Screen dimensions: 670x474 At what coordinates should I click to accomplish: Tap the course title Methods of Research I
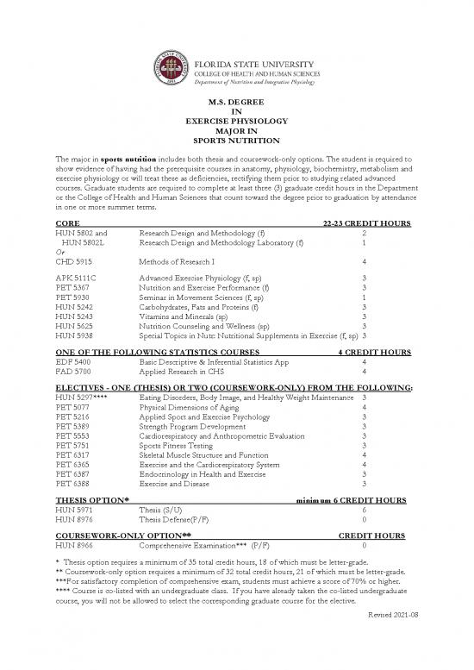[176, 260]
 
